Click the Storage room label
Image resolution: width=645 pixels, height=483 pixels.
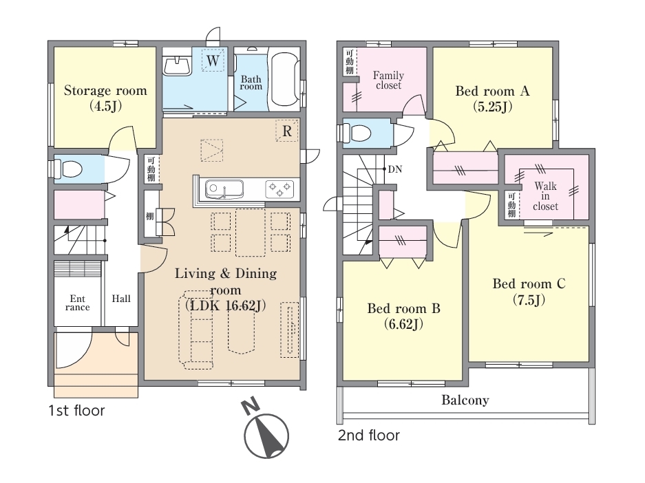[x=105, y=90]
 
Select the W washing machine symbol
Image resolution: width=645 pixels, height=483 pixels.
[x=213, y=60]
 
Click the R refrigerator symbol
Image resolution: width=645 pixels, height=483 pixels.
[x=287, y=131]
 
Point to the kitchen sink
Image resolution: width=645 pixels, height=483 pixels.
[x=224, y=189]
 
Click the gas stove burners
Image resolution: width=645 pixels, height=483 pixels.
[x=279, y=189]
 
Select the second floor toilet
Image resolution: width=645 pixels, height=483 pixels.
[x=357, y=133]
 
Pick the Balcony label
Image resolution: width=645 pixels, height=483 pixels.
[x=465, y=400]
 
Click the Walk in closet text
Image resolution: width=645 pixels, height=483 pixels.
[x=545, y=196]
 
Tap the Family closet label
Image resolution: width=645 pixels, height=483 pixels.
[x=388, y=80]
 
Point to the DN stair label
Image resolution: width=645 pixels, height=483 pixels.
[x=395, y=169]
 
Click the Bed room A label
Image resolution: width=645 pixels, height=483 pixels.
[x=492, y=91]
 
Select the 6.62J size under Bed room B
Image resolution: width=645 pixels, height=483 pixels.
[x=403, y=324]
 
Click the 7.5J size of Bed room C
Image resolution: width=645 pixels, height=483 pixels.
[x=529, y=300]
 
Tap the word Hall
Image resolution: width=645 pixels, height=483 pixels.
[x=121, y=299]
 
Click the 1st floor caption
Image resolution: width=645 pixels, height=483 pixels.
[x=76, y=410]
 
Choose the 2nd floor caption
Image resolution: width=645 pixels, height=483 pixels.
[x=368, y=436]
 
